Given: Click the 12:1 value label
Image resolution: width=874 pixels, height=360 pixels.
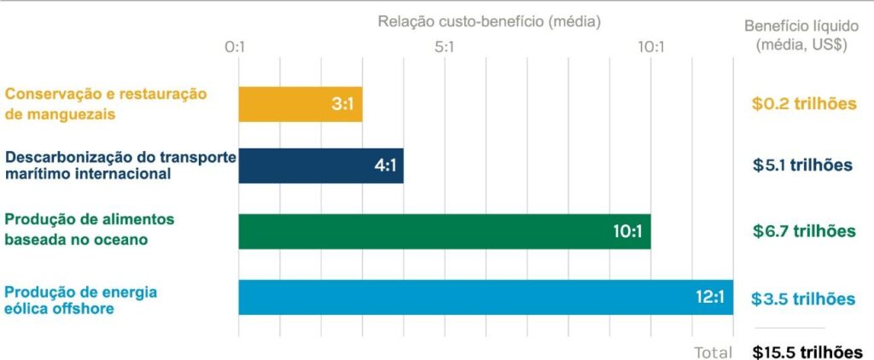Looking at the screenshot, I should [710, 298].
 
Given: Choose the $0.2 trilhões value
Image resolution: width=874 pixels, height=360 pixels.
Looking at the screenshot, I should [803, 104].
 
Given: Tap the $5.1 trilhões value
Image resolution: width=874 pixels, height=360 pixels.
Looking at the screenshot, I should [803, 165].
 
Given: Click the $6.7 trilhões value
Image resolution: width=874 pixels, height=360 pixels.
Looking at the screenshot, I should [803, 231].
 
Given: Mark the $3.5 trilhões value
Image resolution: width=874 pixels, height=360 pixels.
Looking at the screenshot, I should [803, 299].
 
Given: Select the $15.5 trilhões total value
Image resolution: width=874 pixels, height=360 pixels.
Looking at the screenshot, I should [807, 351].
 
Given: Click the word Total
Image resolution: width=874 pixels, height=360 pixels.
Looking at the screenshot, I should [713, 351].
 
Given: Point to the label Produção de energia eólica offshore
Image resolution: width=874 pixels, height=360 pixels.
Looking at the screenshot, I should [81, 300].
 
